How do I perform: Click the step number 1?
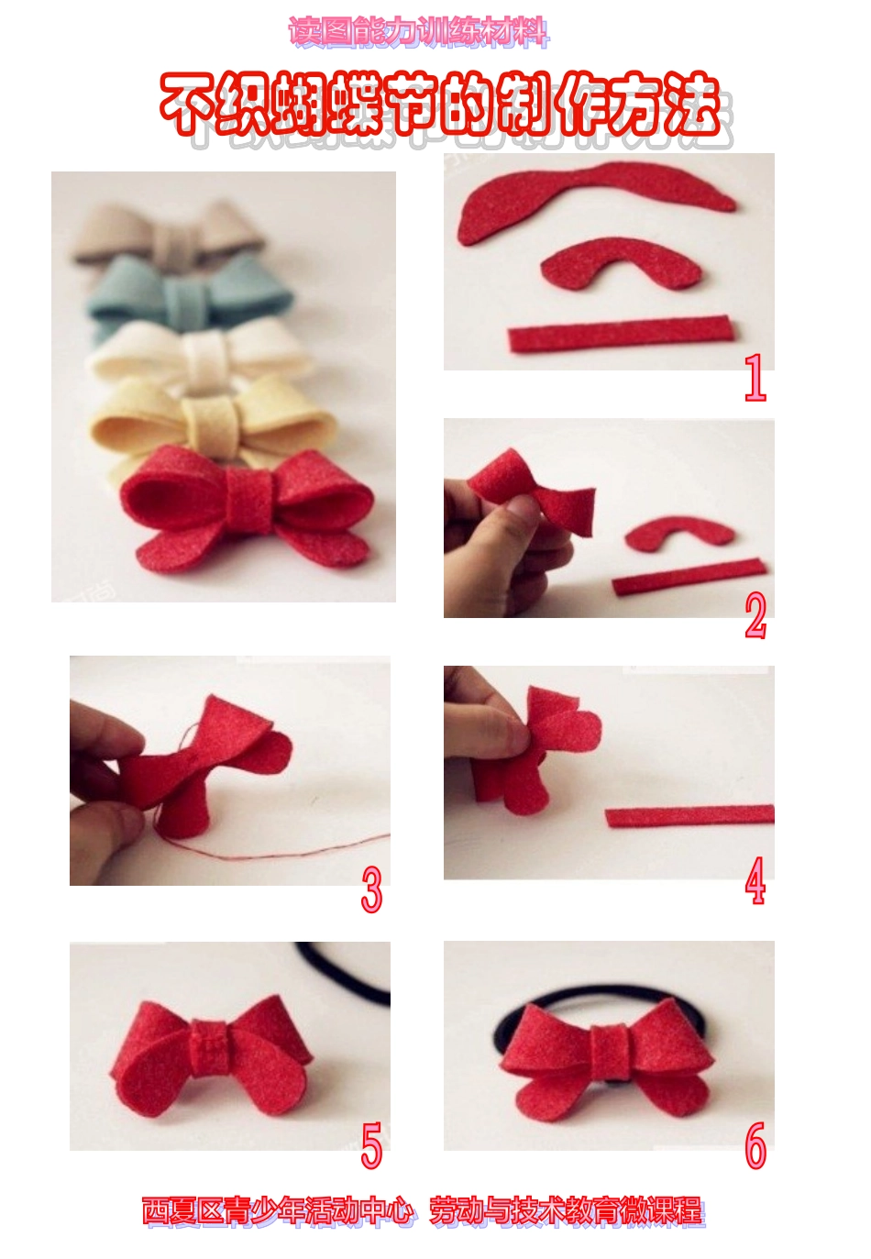tap(755, 377)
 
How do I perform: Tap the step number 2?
tap(755, 615)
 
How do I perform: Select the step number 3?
tap(371, 889)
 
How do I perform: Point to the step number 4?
tap(755, 880)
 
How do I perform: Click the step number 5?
tap(371, 1145)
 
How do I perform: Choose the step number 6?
tap(755, 1145)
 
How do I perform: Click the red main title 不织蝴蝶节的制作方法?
tap(441, 105)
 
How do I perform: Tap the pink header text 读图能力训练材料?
tap(419, 31)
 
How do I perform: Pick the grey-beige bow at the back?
tap(169, 232)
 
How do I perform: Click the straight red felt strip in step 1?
tap(621, 333)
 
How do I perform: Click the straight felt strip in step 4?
tap(690, 815)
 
